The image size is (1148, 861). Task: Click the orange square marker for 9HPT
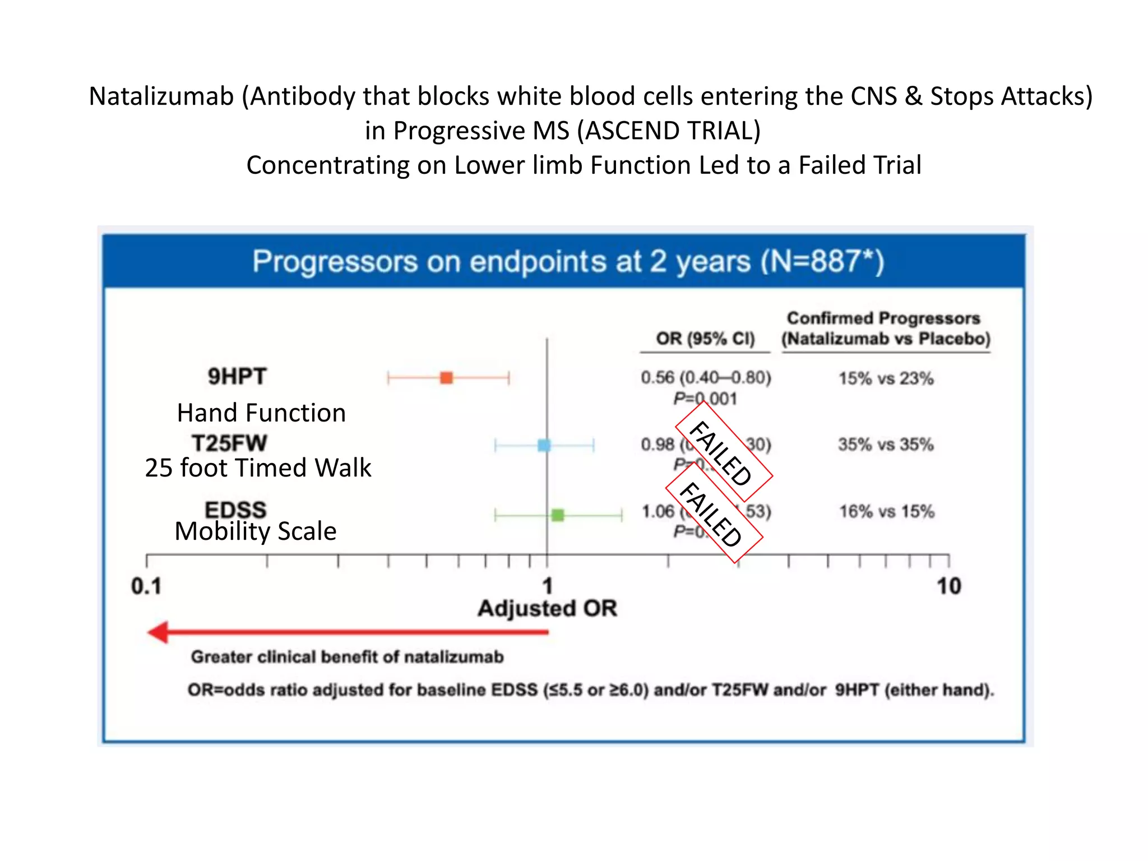(x=446, y=378)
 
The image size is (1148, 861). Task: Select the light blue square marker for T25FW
(x=544, y=446)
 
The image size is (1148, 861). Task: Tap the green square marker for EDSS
(x=558, y=515)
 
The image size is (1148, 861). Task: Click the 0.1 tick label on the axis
(x=146, y=586)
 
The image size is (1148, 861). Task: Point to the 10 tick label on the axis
(x=948, y=586)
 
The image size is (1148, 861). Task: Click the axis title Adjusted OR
(x=547, y=608)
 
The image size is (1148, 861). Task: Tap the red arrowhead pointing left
(x=159, y=632)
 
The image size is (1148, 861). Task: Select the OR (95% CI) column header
(x=705, y=339)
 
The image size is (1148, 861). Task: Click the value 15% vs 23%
(x=886, y=378)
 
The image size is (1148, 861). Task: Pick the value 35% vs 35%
(x=886, y=445)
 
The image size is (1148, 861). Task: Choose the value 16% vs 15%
(x=886, y=511)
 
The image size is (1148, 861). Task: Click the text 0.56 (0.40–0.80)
(x=706, y=377)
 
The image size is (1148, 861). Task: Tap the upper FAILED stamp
(x=723, y=452)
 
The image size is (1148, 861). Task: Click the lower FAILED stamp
(x=713, y=513)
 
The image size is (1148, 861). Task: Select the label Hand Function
(x=261, y=413)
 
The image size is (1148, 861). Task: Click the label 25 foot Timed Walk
(x=258, y=468)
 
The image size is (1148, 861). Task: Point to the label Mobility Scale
(x=256, y=531)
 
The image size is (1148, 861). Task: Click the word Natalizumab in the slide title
(x=161, y=96)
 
